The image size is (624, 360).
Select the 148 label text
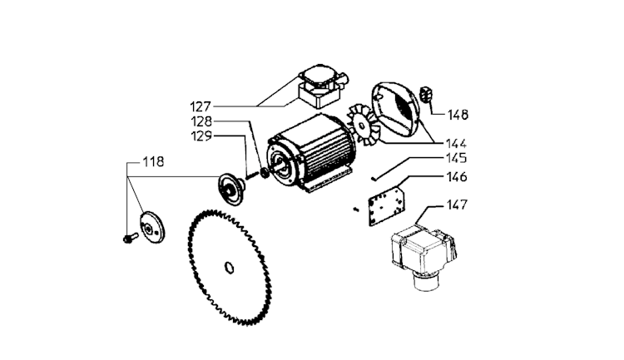[x=459, y=115]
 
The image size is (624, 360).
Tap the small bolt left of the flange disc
[x=126, y=239]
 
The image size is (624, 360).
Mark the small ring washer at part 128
[x=264, y=173]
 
